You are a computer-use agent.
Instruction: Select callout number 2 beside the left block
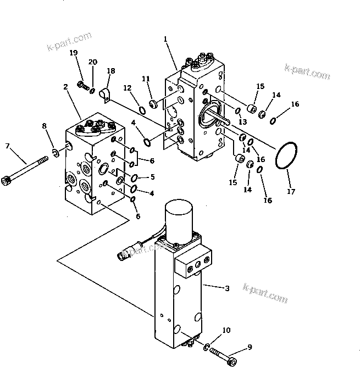(65, 87)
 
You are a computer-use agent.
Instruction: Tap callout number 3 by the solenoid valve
(227, 287)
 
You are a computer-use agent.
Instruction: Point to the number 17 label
(291, 192)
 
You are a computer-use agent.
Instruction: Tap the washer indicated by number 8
(56, 151)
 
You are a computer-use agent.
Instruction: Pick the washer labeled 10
(206, 347)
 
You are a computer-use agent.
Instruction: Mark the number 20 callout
(93, 62)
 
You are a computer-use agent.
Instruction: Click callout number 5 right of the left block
(152, 177)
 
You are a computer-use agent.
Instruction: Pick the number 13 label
(242, 121)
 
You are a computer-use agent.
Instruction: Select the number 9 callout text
(250, 347)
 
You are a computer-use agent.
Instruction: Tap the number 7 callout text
(8, 146)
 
